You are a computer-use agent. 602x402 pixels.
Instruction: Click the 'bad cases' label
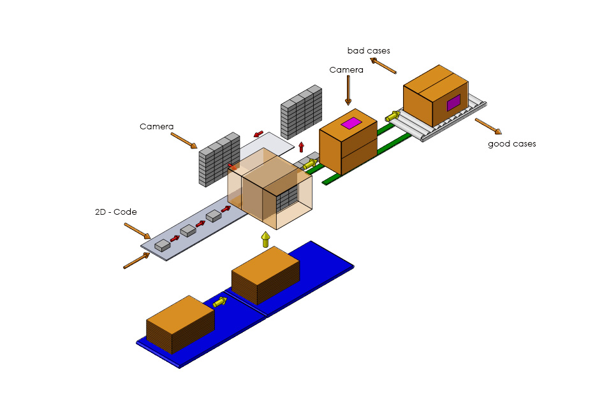[x=369, y=50]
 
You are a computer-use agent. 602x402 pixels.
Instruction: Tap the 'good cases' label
[x=511, y=144]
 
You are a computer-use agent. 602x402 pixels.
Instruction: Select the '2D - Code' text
[x=115, y=212]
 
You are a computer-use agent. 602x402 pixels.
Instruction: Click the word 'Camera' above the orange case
[x=346, y=70]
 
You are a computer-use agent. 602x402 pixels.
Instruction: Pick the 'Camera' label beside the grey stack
[x=156, y=127]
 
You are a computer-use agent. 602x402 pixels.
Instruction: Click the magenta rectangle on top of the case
[x=351, y=123]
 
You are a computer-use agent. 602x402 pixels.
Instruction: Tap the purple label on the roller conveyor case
[x=453, y=103]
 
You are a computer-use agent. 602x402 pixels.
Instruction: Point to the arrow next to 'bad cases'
[x=383, y=65]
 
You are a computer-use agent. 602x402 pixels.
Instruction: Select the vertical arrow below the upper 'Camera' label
[x=348, y=90]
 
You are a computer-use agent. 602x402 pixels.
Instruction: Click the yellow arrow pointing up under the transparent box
[x=266, y=240]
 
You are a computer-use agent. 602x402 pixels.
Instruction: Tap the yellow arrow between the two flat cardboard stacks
[x=221, y=301]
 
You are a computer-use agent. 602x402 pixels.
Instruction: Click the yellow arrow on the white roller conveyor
[x=393, y=116]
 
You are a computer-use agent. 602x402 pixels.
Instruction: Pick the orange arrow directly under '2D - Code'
[x=137, y=231]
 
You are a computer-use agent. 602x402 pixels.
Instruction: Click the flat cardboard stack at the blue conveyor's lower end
[x=180, y=324]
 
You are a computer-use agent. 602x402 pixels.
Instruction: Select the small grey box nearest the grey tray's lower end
[x=163, y=245]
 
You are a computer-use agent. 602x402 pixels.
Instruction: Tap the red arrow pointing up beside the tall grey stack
[x=301, y=147]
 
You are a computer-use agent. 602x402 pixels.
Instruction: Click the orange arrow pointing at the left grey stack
[x=184, y=141]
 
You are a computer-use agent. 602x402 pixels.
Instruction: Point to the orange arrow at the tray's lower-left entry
[x=136, y=261]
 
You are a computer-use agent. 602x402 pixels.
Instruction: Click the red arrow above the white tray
[x=258, y=134]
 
